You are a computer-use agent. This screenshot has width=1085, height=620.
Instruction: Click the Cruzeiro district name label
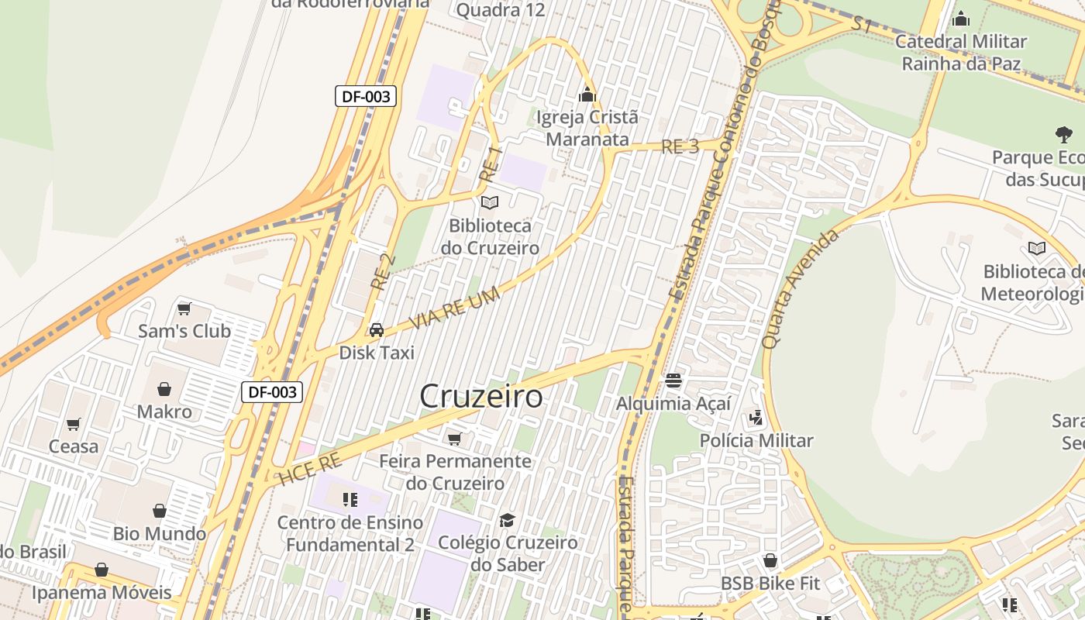click(480, 396)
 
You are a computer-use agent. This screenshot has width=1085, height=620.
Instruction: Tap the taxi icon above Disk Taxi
click(377, 330)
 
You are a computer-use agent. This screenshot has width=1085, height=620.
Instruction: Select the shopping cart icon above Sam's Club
click(184, 309)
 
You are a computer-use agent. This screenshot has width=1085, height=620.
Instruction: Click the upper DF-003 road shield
click(366, 96)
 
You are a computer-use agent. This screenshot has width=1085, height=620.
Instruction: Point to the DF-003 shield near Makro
click(271, 392)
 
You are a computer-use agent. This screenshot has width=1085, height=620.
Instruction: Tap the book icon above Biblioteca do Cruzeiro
click(490, 203)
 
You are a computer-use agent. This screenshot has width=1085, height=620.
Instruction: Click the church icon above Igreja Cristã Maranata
click(587, 95)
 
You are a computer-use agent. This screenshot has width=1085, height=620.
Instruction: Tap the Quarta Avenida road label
click(801, 288)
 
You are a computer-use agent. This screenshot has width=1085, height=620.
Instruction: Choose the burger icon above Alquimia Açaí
click(673, 381)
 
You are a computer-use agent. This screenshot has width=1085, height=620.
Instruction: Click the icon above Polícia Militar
click(756, 418)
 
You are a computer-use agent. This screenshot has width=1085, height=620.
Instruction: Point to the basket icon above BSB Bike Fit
click(770, 560)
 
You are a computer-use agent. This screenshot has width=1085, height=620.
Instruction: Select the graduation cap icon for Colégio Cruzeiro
click(508, 519)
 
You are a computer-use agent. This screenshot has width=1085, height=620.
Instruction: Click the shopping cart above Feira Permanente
click(455, 439)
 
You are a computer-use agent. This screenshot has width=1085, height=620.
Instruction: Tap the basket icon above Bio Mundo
click(160, 511)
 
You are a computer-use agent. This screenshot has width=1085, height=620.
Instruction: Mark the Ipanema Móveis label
click(102, 593)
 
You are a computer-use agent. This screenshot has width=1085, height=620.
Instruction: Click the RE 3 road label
click(680, 146)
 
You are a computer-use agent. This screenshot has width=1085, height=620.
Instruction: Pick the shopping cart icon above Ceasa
click(74, 424)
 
